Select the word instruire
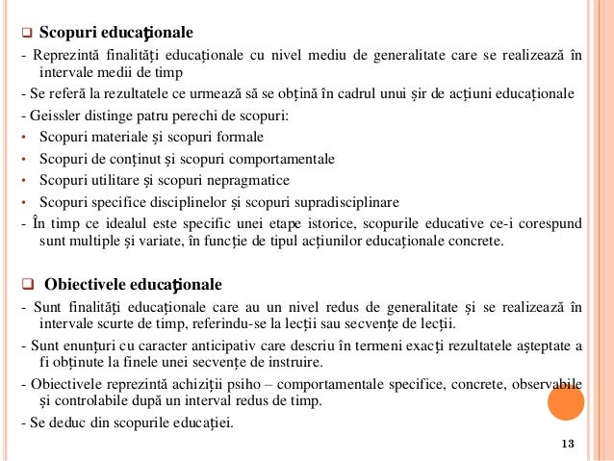coord(296,363)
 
